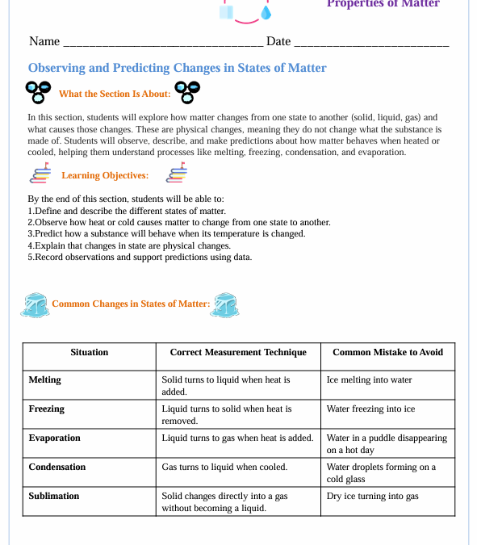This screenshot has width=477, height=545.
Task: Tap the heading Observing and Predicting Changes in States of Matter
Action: click(177, 69)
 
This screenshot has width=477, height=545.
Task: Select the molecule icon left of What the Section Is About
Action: click(38, 93)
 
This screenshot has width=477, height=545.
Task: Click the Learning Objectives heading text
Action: click(105, 175)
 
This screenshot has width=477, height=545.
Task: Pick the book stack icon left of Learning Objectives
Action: click(40, 174)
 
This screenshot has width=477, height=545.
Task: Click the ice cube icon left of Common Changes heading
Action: click(35, 304)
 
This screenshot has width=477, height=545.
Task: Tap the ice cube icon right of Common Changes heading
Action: click(228, 304)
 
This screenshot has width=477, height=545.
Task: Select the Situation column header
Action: click(89, 352)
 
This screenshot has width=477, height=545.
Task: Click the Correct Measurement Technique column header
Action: click(238, 352)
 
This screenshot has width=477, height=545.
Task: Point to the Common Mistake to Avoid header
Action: click(387, 352)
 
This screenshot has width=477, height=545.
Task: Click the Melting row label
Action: click(45, 379)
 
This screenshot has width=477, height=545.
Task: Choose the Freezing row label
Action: click(46, 409)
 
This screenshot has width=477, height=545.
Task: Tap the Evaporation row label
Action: click(54, 438)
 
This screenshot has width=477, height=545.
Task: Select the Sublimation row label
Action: click(53, 496)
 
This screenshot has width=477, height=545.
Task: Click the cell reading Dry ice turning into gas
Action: click(372, 496)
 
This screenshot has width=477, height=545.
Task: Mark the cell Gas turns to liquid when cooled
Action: click(224, 467)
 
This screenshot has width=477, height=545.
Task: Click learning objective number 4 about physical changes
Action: click(129, 245)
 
